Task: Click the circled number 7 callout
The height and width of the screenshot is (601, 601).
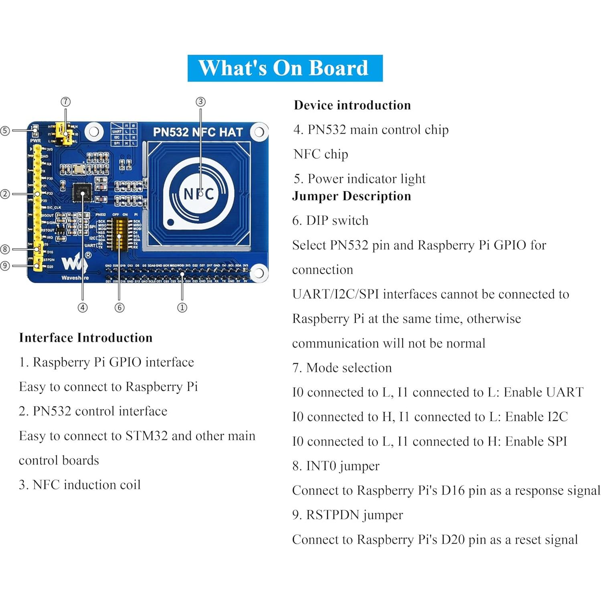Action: (x=65, y=102)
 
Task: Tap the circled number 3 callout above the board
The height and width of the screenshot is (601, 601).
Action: (x=200, y=102)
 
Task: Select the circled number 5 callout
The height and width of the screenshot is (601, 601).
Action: (x=5, y=130)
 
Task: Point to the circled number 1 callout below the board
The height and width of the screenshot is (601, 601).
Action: (x=182, y=308)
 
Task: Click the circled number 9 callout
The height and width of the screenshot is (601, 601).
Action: (x=5, y=265)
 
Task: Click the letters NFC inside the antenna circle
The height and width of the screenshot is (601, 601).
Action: (x=198, y=194)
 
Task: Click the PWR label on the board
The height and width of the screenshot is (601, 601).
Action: (x=35, y=141)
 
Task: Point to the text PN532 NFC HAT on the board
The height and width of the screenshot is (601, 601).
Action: (x=198, y=132)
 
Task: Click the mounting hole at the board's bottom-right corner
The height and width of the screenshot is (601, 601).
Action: (x=259, y=273)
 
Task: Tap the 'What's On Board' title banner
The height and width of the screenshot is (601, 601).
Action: (x=285, y=68)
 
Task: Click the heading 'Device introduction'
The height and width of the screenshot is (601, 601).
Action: (x=352, y=105)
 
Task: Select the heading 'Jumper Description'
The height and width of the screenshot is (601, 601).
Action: (x=351, y=196)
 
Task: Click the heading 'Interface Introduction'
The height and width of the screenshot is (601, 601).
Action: (x=85, y=338)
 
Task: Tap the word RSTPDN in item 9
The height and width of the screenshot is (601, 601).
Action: (x=330, y=515)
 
